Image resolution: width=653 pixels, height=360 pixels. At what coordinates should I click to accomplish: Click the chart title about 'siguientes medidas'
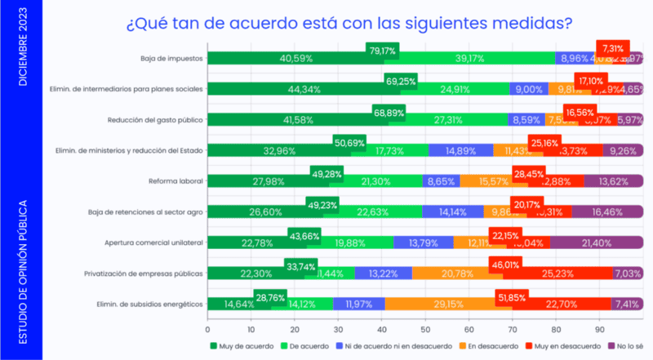(349, 23)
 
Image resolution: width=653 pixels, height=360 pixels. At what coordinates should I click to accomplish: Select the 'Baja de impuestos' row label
(171, 58)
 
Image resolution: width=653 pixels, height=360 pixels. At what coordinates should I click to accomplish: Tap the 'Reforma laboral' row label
(175, 180)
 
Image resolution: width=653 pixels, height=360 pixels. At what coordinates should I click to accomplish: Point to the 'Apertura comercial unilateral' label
(153, 242)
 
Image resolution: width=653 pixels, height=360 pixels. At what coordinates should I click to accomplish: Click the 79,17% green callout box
(382, 50)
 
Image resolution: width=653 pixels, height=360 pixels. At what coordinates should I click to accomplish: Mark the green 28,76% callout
(270, 296)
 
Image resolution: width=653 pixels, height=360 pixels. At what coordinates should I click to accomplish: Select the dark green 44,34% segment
(297, 88)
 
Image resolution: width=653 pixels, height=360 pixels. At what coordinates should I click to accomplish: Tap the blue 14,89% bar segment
(460, 149)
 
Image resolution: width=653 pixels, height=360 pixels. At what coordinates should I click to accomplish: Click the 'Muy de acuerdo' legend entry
(242, 345)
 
